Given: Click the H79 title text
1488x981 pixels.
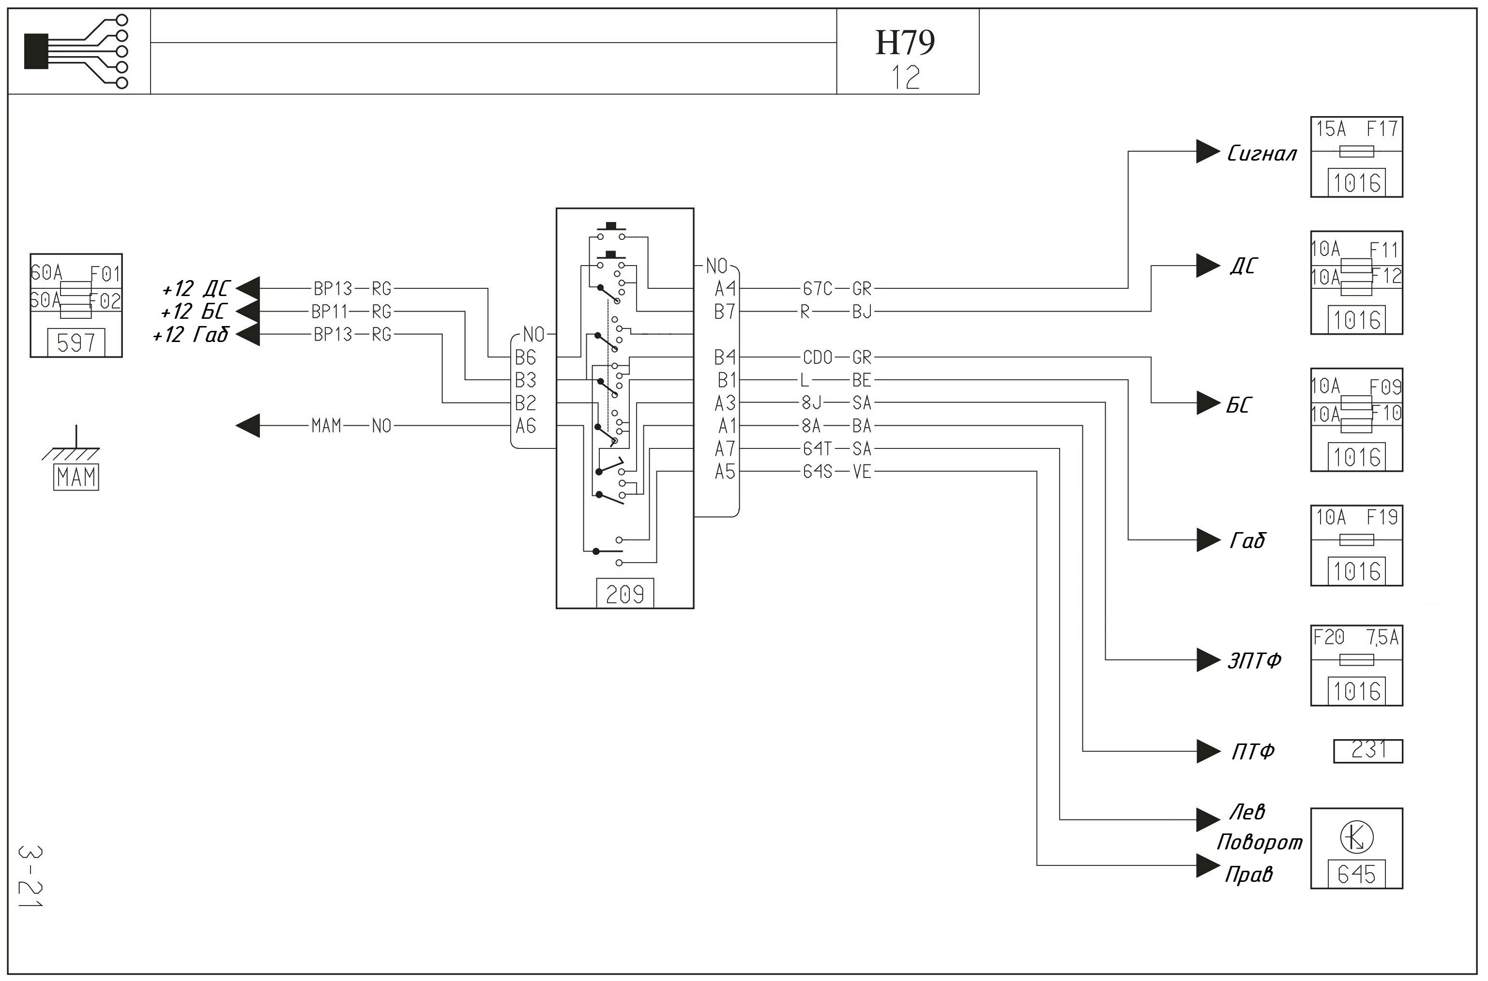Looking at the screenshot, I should pyautogui.click(x=905, y=43).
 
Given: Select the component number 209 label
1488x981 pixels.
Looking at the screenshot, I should pyautogui.click(x=625, y=594).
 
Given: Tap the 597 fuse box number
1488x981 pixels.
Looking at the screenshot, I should pyautogui.click(x=76, y=343).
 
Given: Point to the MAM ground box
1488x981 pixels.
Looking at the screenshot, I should pyautogui.click(x=76, y=477).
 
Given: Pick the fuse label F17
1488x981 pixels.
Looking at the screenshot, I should pyautogui.click(x=1382, y=129).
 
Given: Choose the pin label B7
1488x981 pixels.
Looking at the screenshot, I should pyautogui.click(x=725, y=312).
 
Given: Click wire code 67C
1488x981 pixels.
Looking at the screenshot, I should pyautogui.click(x=818, y=288).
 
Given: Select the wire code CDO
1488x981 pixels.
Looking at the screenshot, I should pyautogui.click(x=818, y=357).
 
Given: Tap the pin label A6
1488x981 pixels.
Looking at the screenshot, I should pyautogui.click(x=526, y=426).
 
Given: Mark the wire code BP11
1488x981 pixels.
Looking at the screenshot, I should pyautogui.click(x=329, y=312).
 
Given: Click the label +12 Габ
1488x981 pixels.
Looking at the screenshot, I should pyautogui.click(x=191, y=335).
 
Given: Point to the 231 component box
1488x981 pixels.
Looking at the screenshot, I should pyautogui.click(x=1368, y=751).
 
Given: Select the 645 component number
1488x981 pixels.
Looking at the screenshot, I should pyautogui.click(x=1356, y=874).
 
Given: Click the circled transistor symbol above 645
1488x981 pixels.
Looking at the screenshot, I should pyautogui.click(x=1356, y=838).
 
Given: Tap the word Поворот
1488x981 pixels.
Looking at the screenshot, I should pyautogui.click(x=1259, y=843).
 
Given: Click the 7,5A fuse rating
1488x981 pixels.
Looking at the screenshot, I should pyautogui.click(x=1382, y=638).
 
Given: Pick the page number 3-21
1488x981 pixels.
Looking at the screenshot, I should pyautogui.click(x=30, y=877).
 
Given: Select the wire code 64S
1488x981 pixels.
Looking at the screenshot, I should pyautogui.click(x=818, y=472).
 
